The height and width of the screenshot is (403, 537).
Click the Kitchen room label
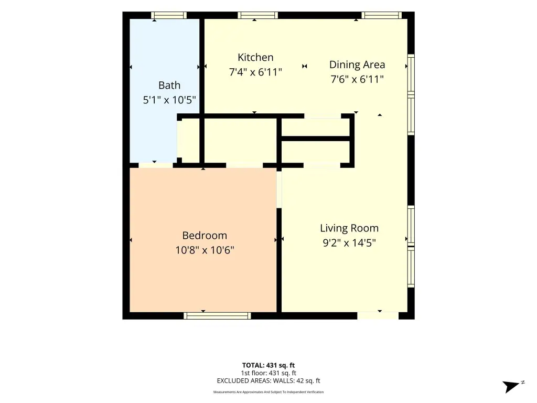(x=255, y=57)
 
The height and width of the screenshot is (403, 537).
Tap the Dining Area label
(x=357, y=65)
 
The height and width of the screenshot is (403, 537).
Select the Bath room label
(x=169, y=85)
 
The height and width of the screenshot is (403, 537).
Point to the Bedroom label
(x=205, y=236)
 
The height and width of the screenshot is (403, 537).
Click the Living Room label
(x=349, y=228)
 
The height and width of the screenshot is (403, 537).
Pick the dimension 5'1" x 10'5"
(x=169, y=100)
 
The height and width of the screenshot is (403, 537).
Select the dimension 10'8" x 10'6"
(x=205, y=250)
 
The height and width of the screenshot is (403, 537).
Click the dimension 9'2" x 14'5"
(x=349, y=243)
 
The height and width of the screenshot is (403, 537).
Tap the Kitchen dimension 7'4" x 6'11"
(x=255, y=72)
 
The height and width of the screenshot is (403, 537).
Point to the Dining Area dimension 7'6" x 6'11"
(x=357, y=80)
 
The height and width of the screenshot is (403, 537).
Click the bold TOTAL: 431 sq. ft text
(x=268, y=365)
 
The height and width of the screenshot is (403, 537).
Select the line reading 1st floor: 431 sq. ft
(x=268, y=373)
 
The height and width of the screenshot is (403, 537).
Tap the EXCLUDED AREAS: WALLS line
(x=268, y=381)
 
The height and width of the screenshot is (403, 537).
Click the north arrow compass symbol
(x=512, y=386)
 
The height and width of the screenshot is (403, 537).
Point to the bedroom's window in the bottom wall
(x=217, y=315)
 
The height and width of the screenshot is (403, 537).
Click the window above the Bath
(x=169, y=15)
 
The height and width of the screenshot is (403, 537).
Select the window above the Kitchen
(x=258, y=15)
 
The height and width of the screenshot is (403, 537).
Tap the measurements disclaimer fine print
(x=268, y=392)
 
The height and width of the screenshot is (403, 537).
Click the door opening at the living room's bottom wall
(x=378, y=315)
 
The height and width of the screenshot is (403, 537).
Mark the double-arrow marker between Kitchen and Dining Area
(x=305, y=66)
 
